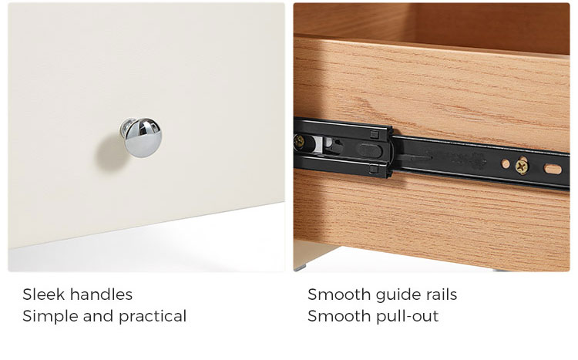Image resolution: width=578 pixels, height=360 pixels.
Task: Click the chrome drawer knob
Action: coord(141,137)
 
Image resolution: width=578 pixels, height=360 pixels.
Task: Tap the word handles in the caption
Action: coord(101,294)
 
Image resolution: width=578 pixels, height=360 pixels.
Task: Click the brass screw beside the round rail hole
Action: coord(522,167)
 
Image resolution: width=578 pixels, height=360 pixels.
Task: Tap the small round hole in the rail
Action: coord(506,163)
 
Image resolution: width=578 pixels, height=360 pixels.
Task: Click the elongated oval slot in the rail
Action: coord(553,170)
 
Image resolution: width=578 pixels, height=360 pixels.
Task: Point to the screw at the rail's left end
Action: coord(299,141)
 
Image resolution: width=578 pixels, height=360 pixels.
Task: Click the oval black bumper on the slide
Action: coord(369,150)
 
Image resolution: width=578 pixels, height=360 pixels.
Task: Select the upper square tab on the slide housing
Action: coord(374,135)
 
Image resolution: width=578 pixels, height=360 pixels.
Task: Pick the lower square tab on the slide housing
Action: coord(374,170)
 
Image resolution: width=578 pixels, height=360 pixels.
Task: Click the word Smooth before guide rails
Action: coord(339,294)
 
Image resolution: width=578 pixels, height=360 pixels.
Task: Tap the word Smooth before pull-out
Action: coord(339,316)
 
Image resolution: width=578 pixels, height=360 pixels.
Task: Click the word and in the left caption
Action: coord(98,316)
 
